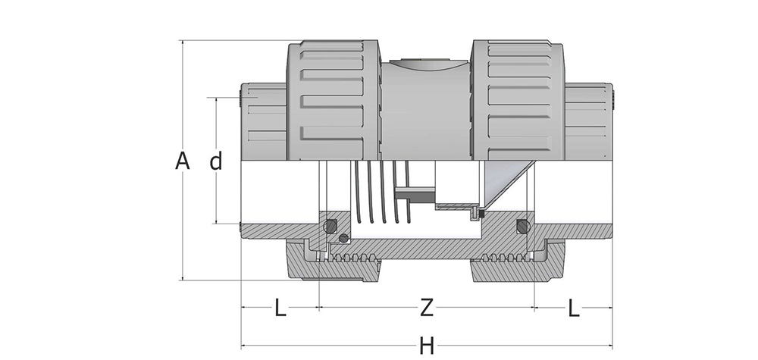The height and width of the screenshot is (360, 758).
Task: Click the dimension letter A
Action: click(x=181, y=161)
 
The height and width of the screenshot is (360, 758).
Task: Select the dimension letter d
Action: click(x=216, y=161)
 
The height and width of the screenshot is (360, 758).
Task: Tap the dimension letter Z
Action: click(x=427, y=308)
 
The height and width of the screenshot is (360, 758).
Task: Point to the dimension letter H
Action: click(x=427, y=346)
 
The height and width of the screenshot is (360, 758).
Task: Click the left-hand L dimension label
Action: click(x=280, y=308)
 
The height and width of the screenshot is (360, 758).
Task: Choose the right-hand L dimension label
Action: click(x=573, y=308)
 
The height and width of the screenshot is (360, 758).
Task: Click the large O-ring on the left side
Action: click(x=330, y=227)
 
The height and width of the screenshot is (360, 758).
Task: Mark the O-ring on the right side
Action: click(x=522, y=227)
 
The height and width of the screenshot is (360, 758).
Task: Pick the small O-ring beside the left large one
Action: click(x=344, y=239)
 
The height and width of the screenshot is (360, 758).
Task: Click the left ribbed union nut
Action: click(x=334, y=99)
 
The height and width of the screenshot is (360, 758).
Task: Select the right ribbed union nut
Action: click(x=519, y=99)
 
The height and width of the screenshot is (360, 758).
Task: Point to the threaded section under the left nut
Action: click(x=349, y=258)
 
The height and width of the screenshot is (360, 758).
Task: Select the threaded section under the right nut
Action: click(x=504, y=258)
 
